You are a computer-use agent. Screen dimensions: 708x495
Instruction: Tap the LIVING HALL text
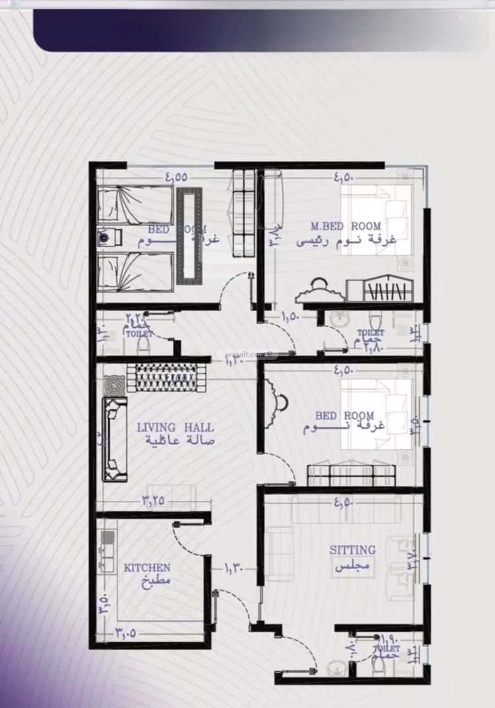[175, 427]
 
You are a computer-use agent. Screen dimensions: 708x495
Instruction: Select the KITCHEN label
[147, 567]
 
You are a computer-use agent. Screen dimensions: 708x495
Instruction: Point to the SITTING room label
[352, 549]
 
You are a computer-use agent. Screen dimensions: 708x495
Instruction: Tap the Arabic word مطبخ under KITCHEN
[156, 581]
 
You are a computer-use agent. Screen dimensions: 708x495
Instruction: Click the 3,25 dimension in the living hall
[153, 500]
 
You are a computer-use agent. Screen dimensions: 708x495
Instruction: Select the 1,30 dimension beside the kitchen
[234, 566]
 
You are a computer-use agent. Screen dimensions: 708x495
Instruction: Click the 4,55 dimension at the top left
[176, 177]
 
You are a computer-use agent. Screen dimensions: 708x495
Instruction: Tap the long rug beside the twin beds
[188, 236]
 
